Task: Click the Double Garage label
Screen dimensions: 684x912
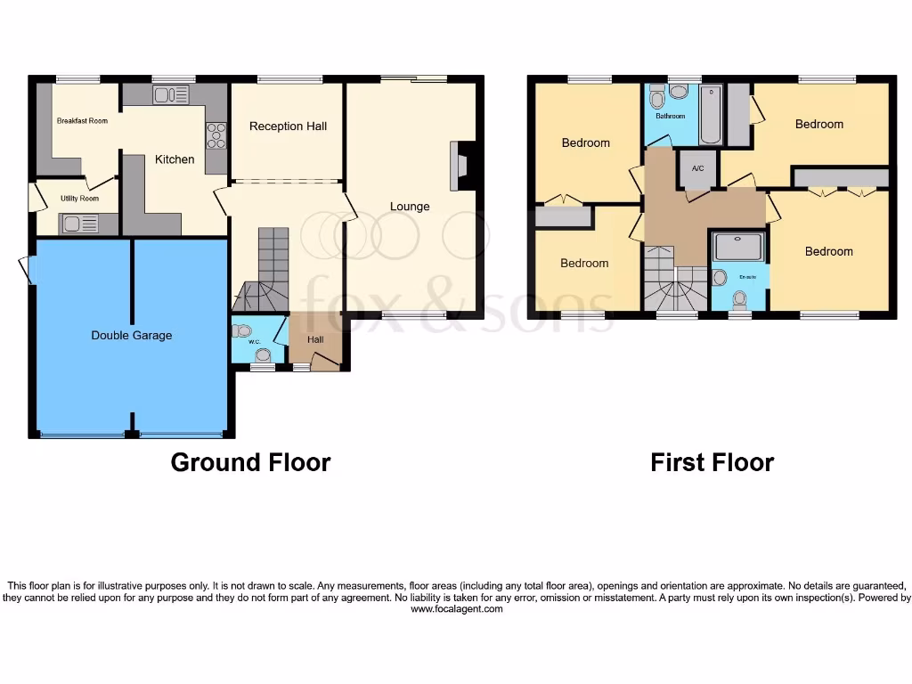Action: [131, 336]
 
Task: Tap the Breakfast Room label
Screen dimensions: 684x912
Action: [82, 120]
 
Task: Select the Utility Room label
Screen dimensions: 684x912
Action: [79, 199]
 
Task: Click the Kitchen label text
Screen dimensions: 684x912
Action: [175, 159]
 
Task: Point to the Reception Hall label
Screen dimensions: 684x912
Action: [288, 126]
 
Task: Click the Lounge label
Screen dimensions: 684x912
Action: [410, 207]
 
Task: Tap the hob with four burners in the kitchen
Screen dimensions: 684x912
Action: [216, 135]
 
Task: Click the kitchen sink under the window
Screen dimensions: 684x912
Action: [171, 94]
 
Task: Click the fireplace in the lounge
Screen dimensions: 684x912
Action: [464, 166]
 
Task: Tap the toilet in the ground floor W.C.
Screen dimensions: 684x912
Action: [241, 331]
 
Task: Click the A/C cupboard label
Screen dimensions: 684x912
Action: [697, 168]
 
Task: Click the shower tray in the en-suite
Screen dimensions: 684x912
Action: [738, 247]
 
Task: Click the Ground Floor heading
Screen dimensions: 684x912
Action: [250, 462]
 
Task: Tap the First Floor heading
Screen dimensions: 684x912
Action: [712, 462]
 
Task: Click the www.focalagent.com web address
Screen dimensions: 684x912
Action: [456, 609]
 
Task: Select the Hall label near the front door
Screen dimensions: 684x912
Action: [315, 339]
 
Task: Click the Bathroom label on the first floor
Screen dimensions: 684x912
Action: [670, 116]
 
